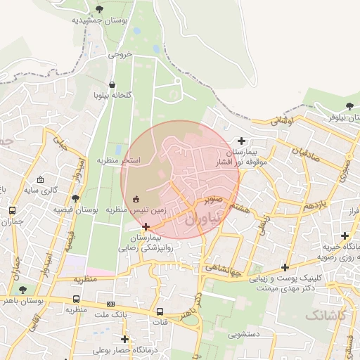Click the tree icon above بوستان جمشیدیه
pyautogui.click(x=99, y=9)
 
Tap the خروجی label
pyautogui.click(x=120, y=53)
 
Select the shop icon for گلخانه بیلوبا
pyautogui.click(x=112, y=84)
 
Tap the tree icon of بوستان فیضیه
pyautogui.click(x=76, y=198)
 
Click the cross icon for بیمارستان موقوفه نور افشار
pyautogui.click(x=242, y=141)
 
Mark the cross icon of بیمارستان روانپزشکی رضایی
pyautogui.click(x=146, y=226)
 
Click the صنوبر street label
pyautogui.click(x=213, y=200)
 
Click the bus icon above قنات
pyautogui.click(x=160, y=311)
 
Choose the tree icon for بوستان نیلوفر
pyautogui.click(x=349, y=106)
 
